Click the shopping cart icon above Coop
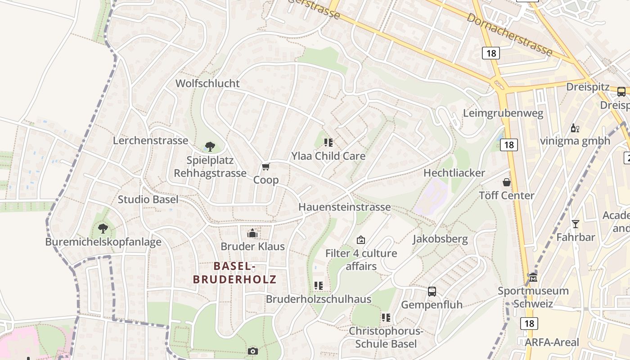[265, 167]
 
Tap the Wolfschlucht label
[207, 83]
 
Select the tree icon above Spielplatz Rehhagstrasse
[210, 146]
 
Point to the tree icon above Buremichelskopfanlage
[103, 229]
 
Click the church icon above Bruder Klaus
[252, 233]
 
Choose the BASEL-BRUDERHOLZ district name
[234, 273]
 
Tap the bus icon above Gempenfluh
[432, 291]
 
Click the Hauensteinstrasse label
[345, 207]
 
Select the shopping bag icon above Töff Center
[507, 182]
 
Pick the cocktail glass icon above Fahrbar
[576, 224]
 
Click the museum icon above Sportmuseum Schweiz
[533, 277]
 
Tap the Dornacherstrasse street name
[509, 34]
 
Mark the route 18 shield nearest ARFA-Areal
[529, 323]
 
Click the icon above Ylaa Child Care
[328, 143]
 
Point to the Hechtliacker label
[454, 173]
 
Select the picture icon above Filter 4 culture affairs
[360, 240]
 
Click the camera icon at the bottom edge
[253, 351]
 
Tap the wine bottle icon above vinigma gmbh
[575, 128]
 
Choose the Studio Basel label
[148, 199]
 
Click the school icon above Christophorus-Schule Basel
[386, 318]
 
